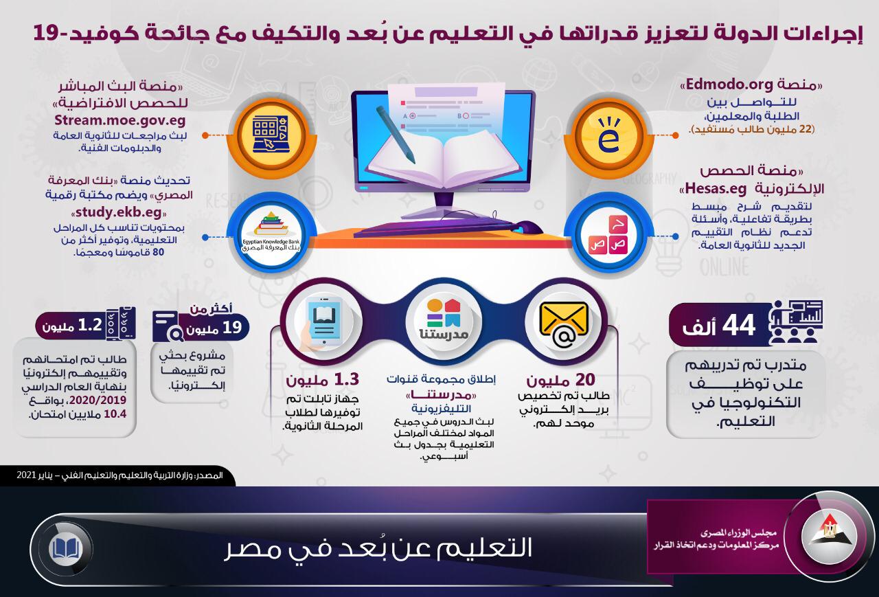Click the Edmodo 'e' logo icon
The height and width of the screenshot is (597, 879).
click(x=608, y=135)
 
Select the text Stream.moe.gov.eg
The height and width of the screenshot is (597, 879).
click(x=120, y=120)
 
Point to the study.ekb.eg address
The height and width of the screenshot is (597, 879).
click(x=119, y=212)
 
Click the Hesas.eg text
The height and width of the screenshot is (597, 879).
click(x=716, y=189)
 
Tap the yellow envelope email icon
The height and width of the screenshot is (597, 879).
click(x=564, y=324)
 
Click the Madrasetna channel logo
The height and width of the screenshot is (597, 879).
click(x=444, y=319)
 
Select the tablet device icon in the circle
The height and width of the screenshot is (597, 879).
click(x=324, y=321)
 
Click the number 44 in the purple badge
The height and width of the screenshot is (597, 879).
click(x=738, y=325)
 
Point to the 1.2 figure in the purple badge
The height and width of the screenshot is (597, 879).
click(x=90, y=324)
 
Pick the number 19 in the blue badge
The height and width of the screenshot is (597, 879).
click(x=232, y=327)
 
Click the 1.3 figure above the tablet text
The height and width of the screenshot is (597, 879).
click(x=347, y=379)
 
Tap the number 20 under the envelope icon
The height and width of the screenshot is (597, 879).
click(x=585, y=379)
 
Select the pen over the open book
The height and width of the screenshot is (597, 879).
click(x=396, y=134)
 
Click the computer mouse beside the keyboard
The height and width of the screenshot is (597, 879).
click(x=528, y=227)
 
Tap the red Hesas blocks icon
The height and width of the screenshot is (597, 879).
click(x=608, y=234)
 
